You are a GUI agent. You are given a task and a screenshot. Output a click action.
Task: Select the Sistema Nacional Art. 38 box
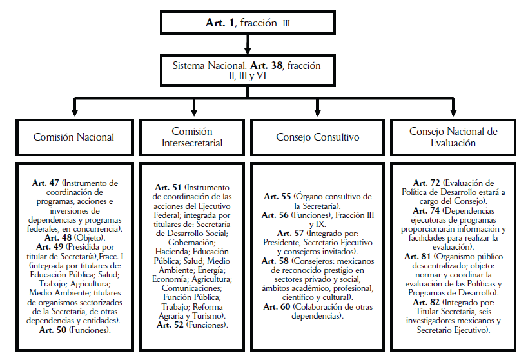tap(247, 71)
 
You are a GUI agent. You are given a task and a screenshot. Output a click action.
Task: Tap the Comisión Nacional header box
tap(74, 137)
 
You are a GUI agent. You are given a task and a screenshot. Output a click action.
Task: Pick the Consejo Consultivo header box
tap(318, 137)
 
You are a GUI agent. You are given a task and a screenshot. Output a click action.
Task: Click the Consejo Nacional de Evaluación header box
tap(453, 137)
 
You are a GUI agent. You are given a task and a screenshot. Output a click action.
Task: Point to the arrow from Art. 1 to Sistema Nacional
tap(248, 44)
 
